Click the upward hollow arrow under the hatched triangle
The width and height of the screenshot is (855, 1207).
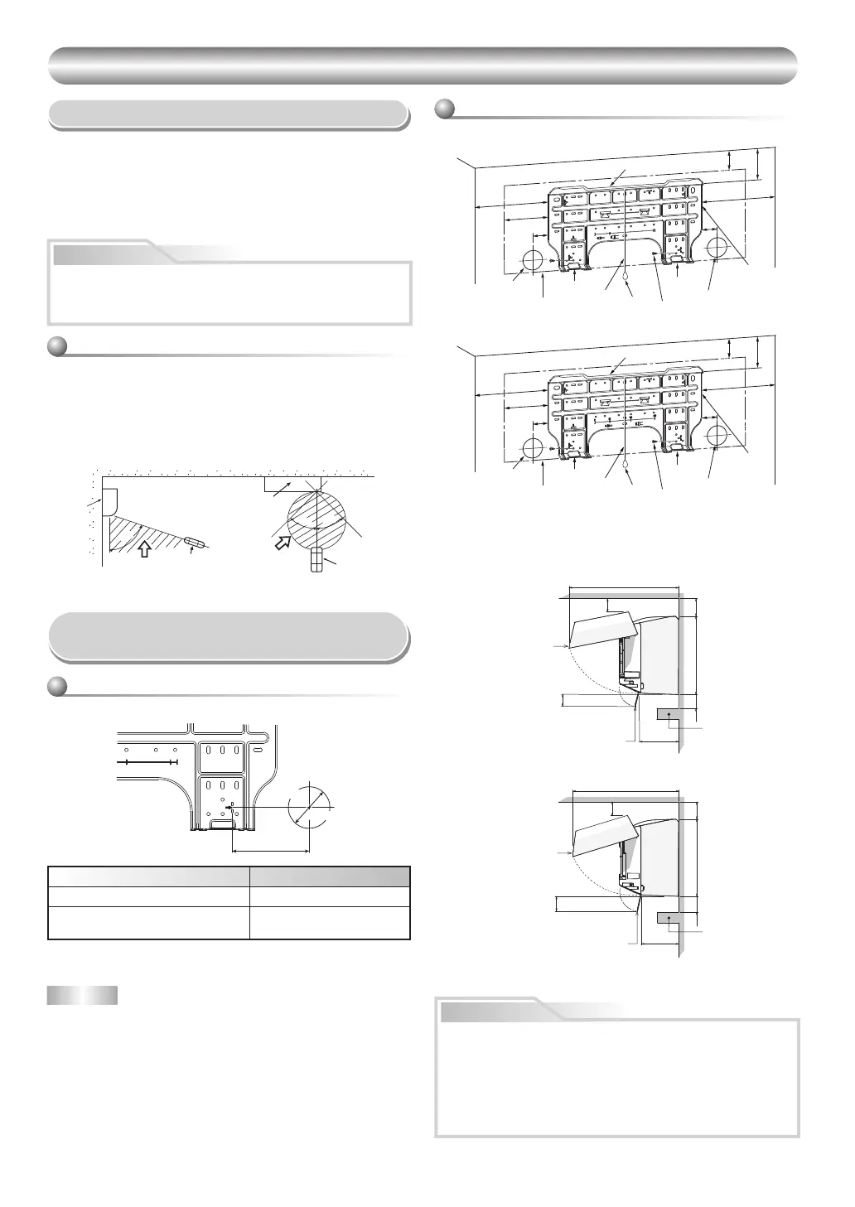click(144, 548)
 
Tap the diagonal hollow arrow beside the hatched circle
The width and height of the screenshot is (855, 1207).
click(283, 542)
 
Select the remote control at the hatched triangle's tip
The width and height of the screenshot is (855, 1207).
click(196, 542)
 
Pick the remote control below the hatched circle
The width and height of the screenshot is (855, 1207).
click(315, 562)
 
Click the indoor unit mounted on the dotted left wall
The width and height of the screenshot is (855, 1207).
click(108, 501)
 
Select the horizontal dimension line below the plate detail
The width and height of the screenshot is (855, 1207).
click(270, 849)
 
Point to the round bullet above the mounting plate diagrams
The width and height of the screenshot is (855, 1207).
click(445, 109)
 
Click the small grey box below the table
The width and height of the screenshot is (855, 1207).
click(82, 995)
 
